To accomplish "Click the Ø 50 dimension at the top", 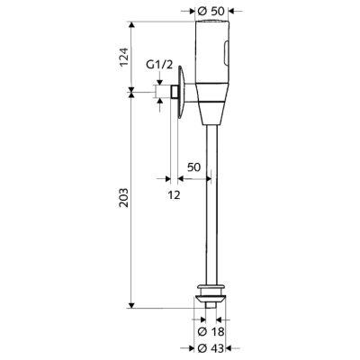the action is point(211,11).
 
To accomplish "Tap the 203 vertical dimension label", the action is point(123,197).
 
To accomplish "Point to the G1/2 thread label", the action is point(159,65).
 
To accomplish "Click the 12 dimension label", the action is point(174,195).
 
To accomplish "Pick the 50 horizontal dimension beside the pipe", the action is point(193,167).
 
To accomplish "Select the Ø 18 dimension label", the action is point(211,332).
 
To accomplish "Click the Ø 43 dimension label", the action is point(211,348).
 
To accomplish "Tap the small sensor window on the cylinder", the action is point(227,53).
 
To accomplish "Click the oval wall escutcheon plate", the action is point(181,92).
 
